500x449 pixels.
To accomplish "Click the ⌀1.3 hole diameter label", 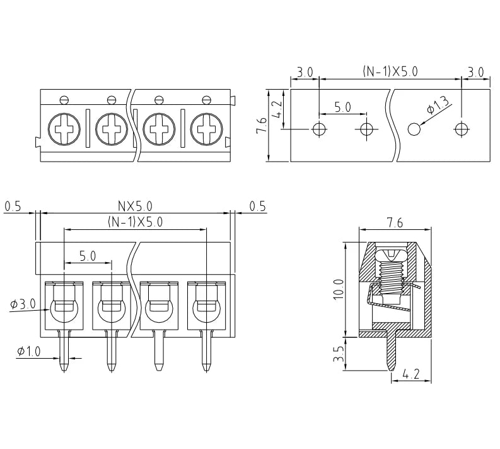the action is pyautogui.click(x=439, y=104).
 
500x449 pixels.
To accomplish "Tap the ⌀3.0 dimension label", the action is pyautogui.click(x=23, y=304).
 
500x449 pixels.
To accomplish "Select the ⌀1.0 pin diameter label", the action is pyautogui.click(x=29, y=352).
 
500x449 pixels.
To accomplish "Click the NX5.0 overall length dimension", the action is pyautogui.click(x=135, y=206).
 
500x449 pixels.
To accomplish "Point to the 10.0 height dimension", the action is pyautogui.click(x=339, y=289).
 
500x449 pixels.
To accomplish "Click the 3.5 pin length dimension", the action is pyautogui.click(x=339, y=354).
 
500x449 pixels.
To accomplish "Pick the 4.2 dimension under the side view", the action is pyautogui.click(x=410, y=374).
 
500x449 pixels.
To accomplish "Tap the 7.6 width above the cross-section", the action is pyautogui.click(x=395, y=222).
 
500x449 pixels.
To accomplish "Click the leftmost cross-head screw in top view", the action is pyautogui.click(x=64, y=129).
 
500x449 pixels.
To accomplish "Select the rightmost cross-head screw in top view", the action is pyautogui.click(x=206, y=129).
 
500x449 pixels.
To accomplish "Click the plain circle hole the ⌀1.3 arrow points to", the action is pyautogui.click(x=414, y=129).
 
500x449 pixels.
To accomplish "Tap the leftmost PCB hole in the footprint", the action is pyautogui.click(x=319, y=129).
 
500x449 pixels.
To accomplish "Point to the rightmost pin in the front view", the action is pyautogui.click(x=206, y=351).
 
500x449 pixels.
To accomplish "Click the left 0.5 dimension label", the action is pyautogui.click(x=13, y=207).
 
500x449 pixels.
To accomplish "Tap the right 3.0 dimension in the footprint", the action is pyautogui.click(x=476, y=73).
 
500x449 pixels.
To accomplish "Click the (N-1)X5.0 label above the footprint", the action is pyautogui.click(x=390, y=71).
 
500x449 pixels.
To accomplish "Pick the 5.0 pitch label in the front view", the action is pyautogui.click(x=88, y=256).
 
